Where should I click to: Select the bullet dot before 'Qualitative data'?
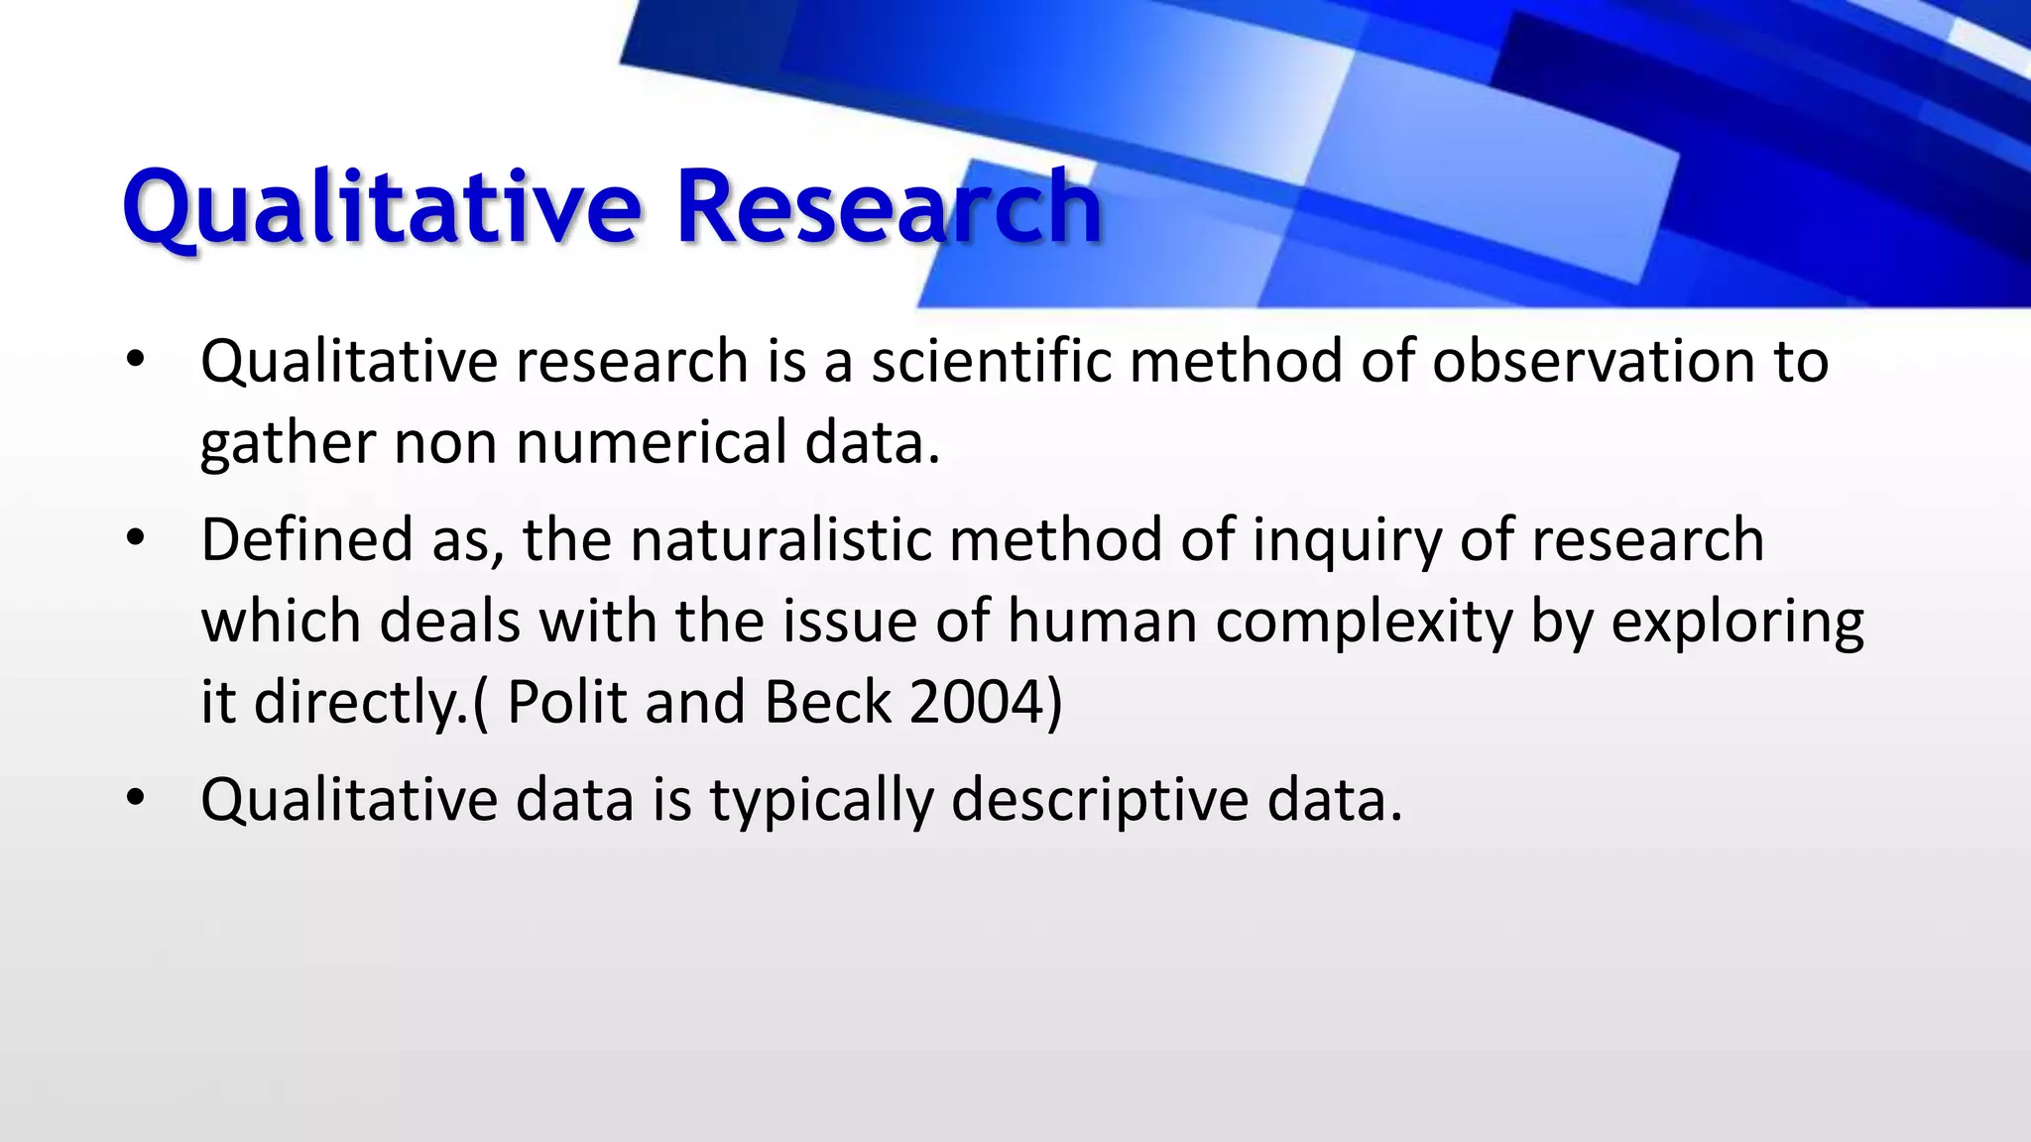pos(136,798)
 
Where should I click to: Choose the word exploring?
pos(1736,624)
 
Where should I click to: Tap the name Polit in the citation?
pos(566,702)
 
